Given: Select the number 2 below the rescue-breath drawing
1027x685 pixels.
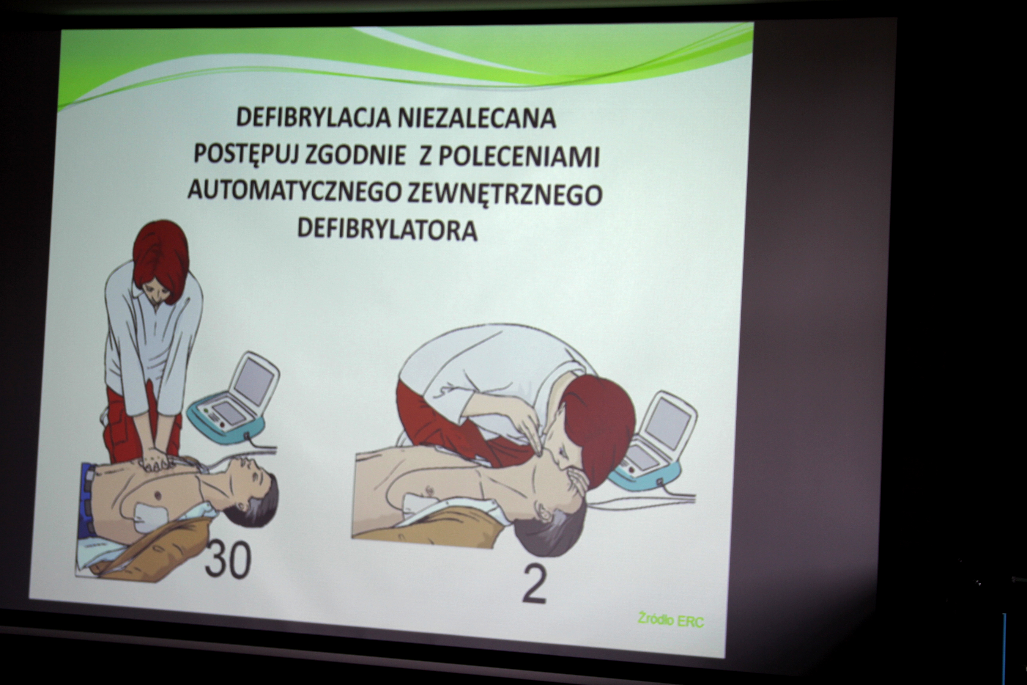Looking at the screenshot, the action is click(535, 585).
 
